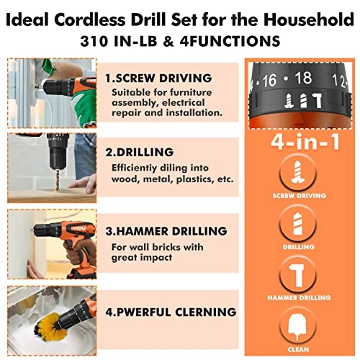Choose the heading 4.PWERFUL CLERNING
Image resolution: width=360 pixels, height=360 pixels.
[169, 312]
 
